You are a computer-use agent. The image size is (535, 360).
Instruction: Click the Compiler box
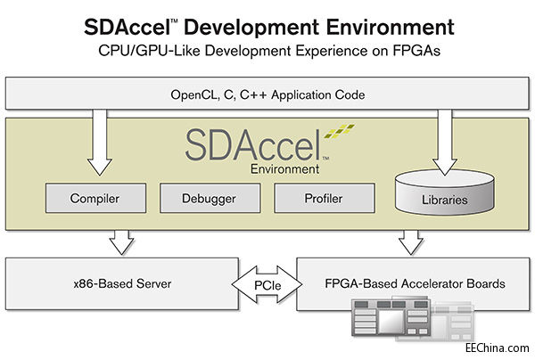95,199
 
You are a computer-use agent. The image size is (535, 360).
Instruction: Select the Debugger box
210,199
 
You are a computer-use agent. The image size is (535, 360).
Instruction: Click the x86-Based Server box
122,283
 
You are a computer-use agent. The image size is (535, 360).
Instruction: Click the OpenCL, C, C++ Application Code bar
267,94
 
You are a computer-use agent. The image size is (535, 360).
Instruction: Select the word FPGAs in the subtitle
416,52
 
